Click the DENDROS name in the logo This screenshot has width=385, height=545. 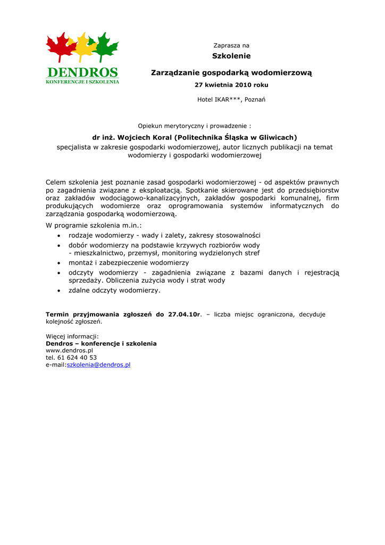82,72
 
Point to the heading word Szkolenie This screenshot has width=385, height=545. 231,56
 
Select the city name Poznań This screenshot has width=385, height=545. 255,100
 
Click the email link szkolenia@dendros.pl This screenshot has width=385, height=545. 98,365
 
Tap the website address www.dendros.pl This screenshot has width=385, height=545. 69,351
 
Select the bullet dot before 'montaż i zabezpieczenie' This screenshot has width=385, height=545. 59,263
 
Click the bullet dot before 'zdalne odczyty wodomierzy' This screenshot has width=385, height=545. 59,291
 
